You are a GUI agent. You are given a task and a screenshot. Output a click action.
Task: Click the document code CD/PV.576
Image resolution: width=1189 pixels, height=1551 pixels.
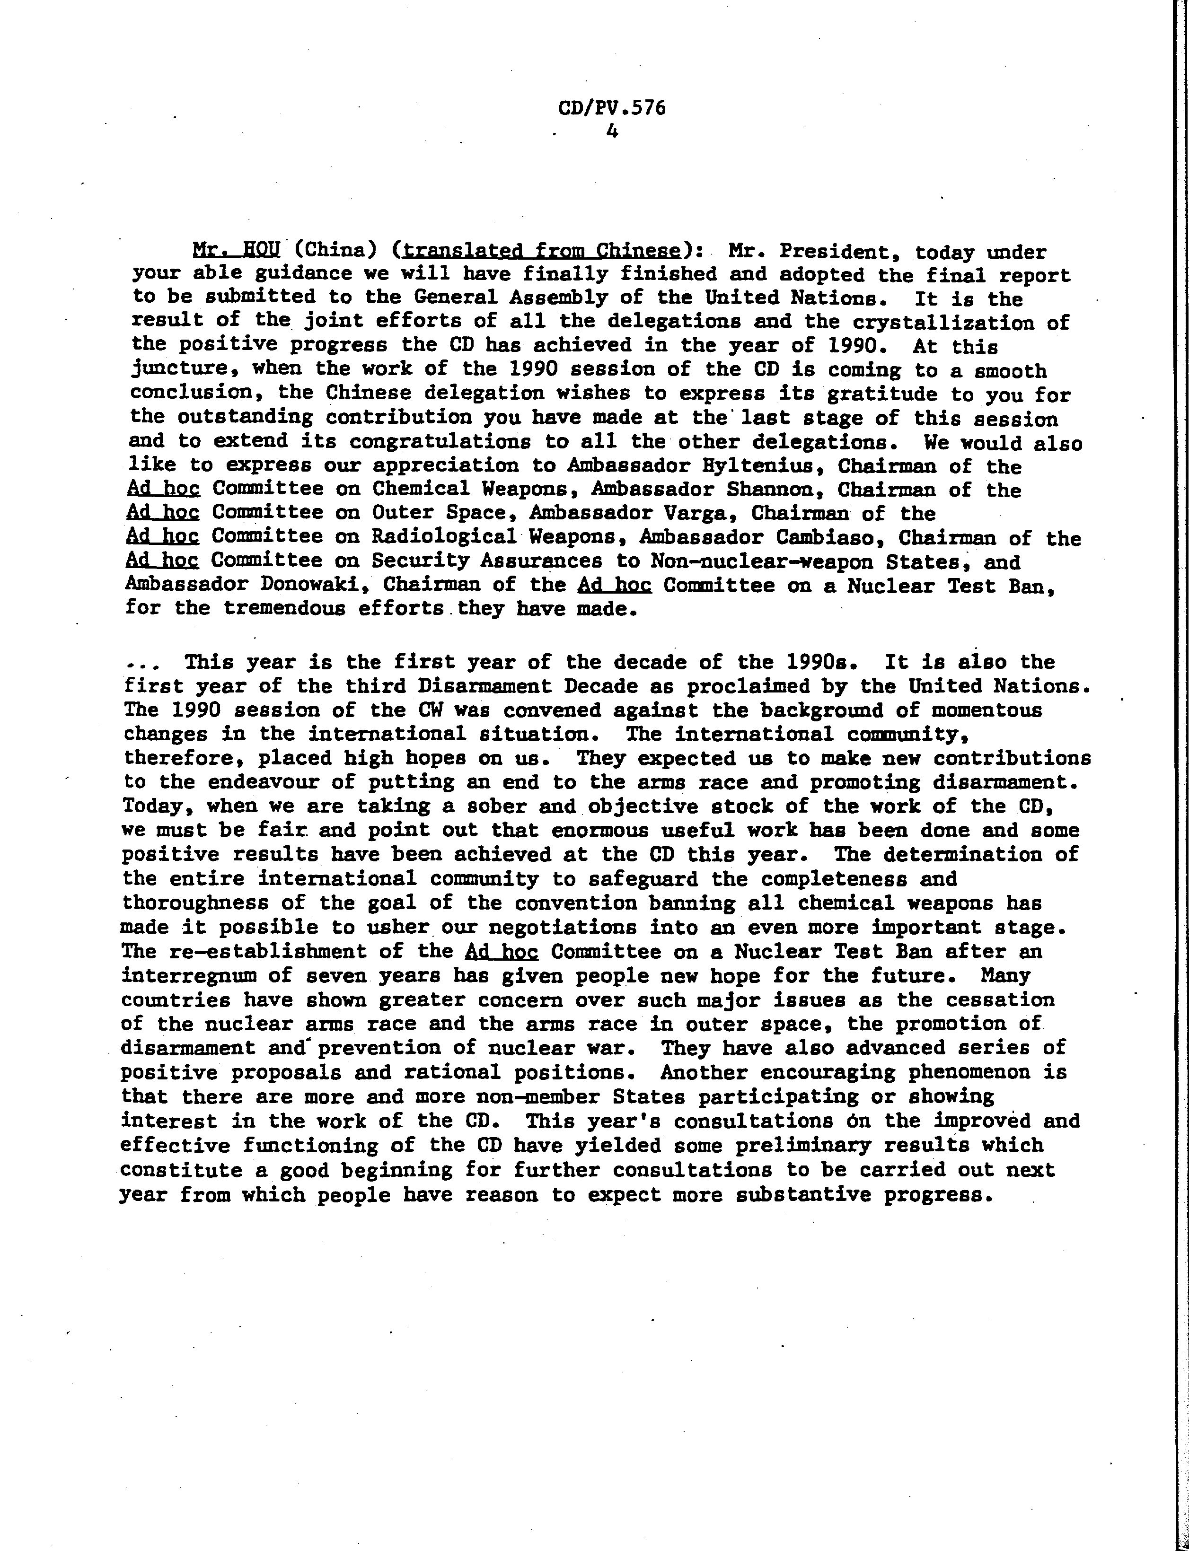coord(611,108)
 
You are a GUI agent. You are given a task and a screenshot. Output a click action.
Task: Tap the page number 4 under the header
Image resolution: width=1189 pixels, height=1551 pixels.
coord(612,131)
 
